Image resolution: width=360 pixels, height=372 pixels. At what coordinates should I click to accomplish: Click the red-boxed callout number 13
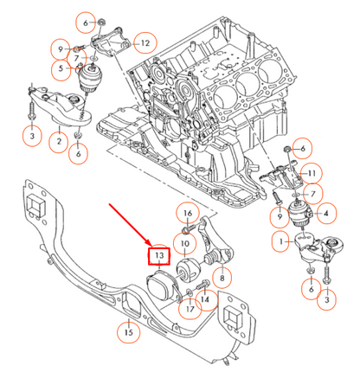point(159,257)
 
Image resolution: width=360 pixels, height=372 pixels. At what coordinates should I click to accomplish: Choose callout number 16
point(188,213)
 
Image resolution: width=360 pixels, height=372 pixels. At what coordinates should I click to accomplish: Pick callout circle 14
point(205,299)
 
